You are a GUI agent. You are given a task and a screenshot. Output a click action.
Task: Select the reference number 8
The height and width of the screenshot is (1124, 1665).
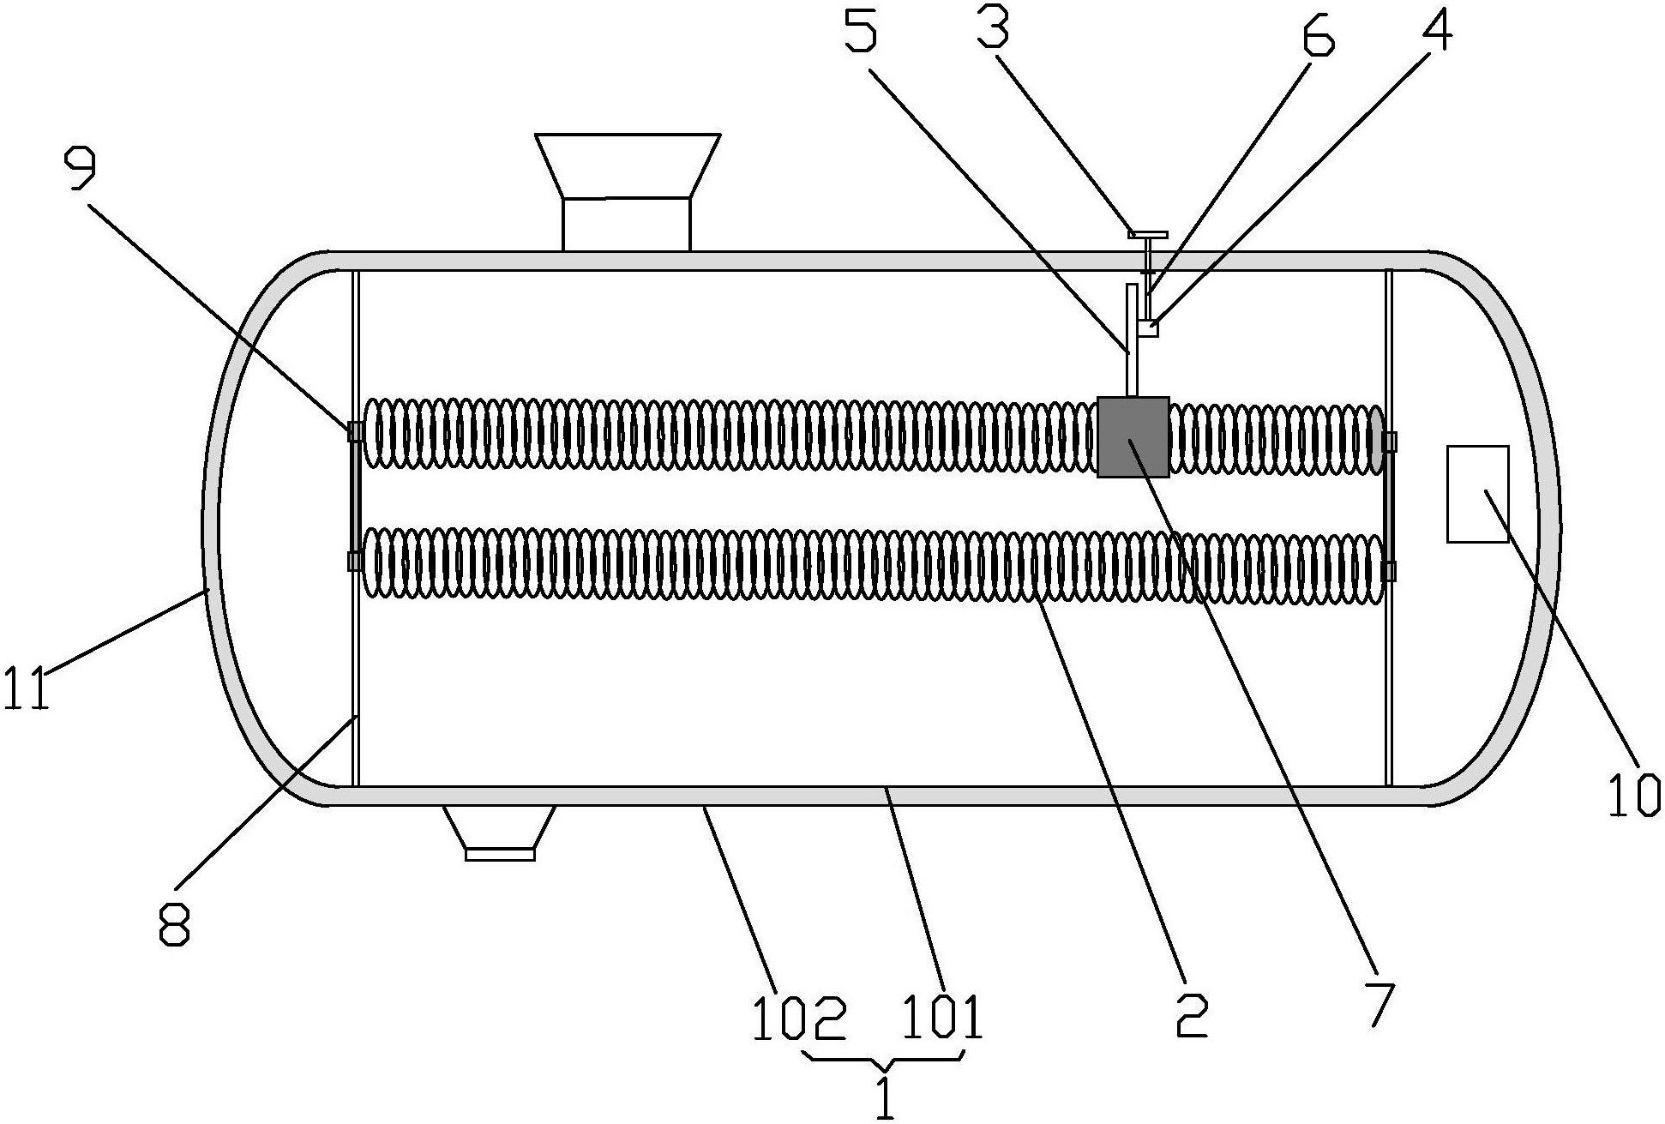[x=175, y=918]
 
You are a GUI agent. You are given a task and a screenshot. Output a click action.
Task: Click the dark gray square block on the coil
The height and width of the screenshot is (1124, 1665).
[x=1133, y=436]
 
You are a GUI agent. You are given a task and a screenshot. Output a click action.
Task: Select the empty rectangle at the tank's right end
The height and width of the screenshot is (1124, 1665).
[x=1477, y=494]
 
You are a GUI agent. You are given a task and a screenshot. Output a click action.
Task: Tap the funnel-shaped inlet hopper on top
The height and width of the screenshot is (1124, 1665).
[x=627, y=192]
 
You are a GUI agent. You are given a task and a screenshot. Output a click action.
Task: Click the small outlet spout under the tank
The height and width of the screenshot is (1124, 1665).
[x=500, y=832]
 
